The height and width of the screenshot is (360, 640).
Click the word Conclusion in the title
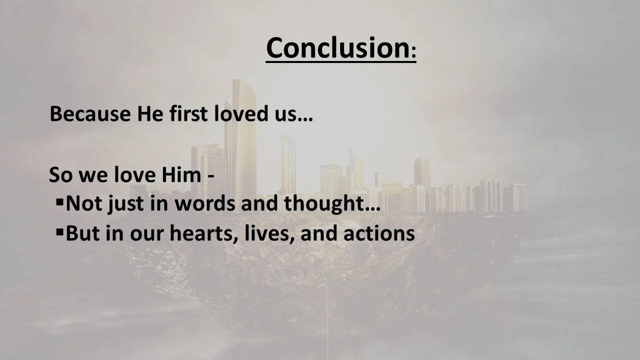click(x=336, y=48)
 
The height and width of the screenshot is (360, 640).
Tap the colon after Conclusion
click(x=412, y=53)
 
